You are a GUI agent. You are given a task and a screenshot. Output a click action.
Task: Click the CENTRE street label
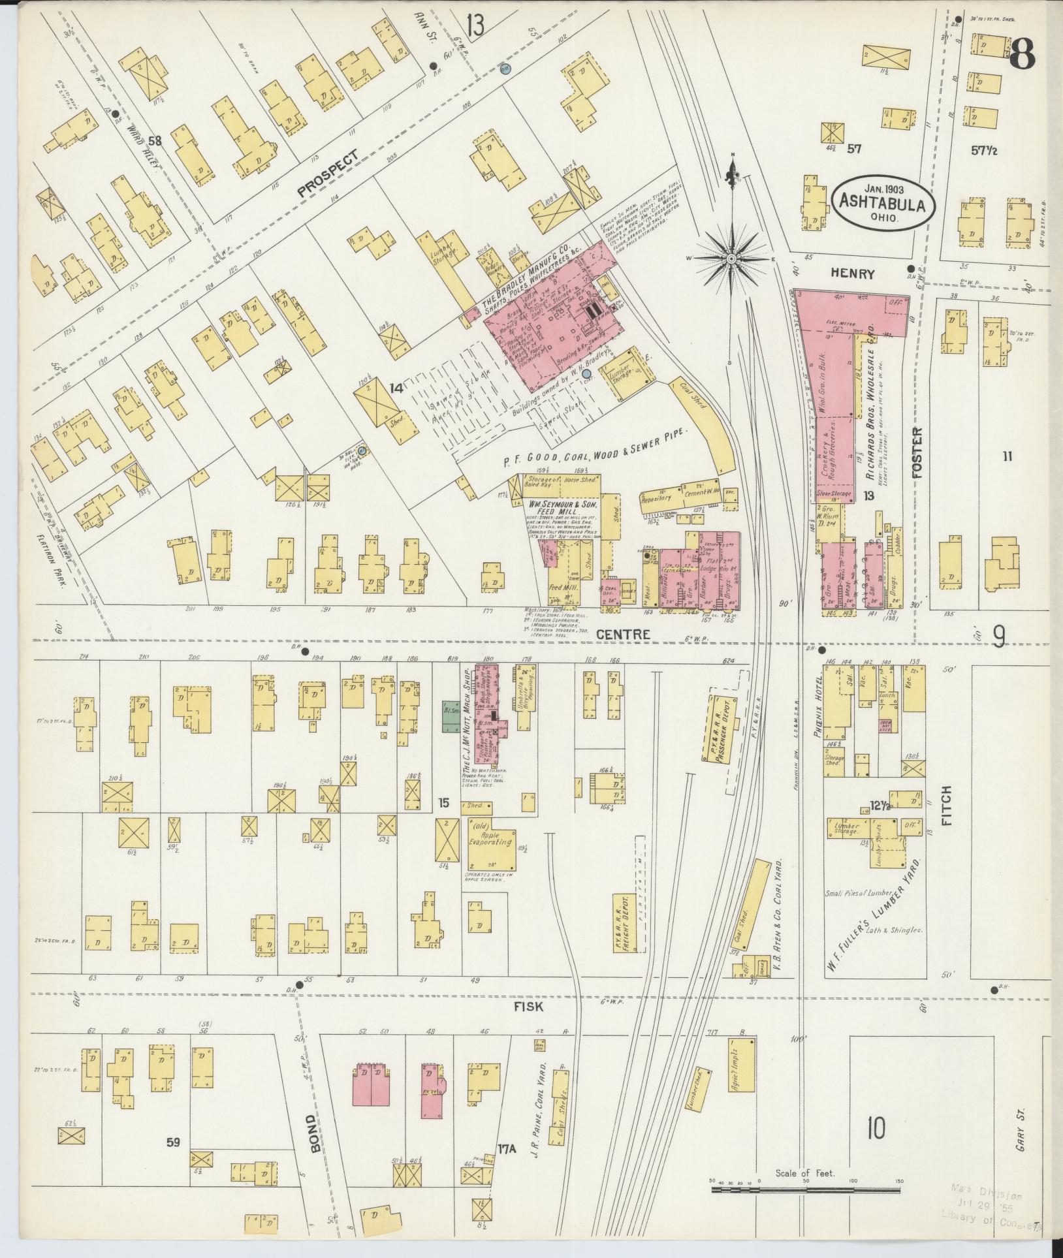coord(631,634)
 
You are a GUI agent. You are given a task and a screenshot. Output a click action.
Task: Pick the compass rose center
coord(731,259)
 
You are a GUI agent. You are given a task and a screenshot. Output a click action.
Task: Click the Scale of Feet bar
coord(805,1190)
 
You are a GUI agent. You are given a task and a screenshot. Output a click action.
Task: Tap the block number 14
coord(396,388)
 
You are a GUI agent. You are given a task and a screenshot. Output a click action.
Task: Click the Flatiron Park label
coord(54,554)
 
